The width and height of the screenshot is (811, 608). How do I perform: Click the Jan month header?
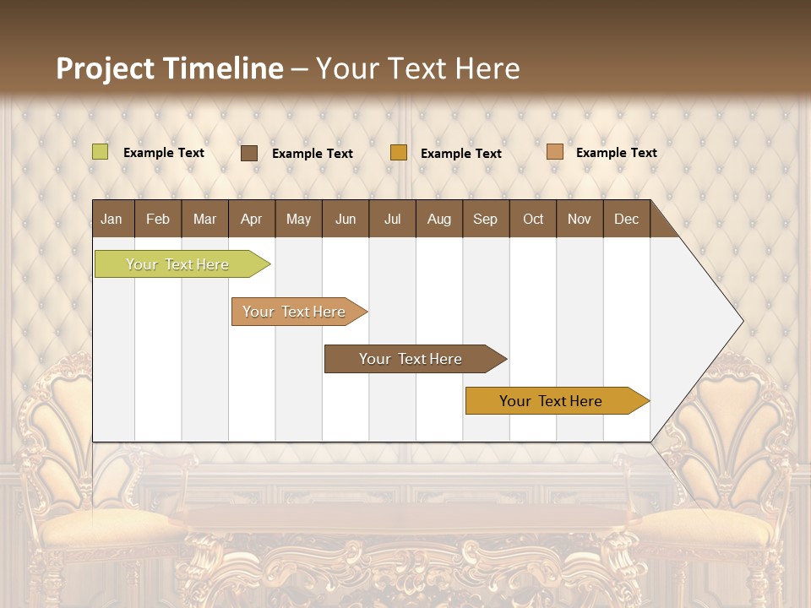point(112,219)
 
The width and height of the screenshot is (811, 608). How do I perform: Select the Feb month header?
point(158,219)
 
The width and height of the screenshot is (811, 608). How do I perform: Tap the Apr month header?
point(251,219)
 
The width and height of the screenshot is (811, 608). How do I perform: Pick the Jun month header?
point(346,219)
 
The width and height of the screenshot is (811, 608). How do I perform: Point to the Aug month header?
point(438,219)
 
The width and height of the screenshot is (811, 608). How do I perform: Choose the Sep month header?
point(485,219)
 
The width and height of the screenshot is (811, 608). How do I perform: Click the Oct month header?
point(533,219)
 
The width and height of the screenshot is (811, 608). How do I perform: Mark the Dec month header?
point(626,219)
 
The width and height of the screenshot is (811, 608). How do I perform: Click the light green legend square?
point(101,152)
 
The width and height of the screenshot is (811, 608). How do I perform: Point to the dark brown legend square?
point(249,153)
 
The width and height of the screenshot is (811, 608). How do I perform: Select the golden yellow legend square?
point(399,153)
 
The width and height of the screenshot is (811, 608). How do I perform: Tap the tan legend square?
point(554,152)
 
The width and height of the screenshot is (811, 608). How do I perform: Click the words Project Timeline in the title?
point(170,68)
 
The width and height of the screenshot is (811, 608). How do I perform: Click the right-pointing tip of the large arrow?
point(739,321)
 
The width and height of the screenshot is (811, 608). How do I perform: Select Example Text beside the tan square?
point(616,153)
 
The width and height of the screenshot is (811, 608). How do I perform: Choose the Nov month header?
point(580,219)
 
